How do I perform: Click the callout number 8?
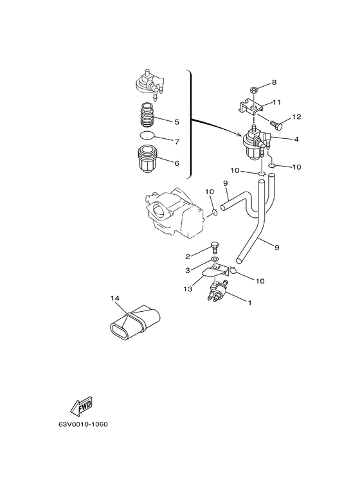coord(274,82)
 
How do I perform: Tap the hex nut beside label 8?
coord(254,90)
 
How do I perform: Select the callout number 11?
coord(276,102)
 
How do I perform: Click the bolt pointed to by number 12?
coord(276,125)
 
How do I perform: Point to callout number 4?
coord(296,139)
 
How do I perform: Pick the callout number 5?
coord(177,122)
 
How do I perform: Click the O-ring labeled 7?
coord(148,136)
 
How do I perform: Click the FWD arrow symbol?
coord(81,406)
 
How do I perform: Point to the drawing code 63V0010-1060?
coord(83,424)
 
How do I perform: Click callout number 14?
coord(115,298)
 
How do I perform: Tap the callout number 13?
coord(188,289)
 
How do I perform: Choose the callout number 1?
coord(249,303)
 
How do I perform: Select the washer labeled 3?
coord(215,260)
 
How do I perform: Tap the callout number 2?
coord(188,257)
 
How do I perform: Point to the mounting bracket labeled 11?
coord(251,107)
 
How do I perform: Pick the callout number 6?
coord(177,163)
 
